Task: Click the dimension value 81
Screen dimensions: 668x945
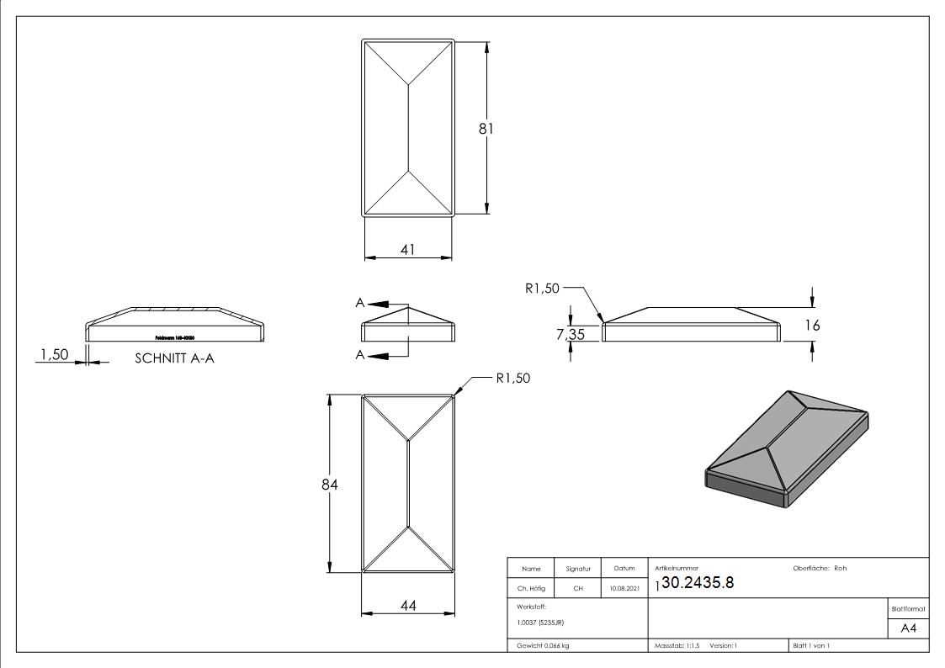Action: point(485,129)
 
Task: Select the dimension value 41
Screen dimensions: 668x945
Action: point(408,249)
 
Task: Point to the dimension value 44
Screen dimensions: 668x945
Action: point(408,605)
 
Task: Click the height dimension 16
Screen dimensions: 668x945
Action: point(812,326)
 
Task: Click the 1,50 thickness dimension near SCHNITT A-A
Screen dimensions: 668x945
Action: point(53,355)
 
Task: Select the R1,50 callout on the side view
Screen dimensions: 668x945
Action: point(542,289)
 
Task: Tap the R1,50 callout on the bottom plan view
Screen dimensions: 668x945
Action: point(512,379)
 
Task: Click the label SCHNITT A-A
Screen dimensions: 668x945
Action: point(175,358)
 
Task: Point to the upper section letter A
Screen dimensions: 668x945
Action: point(359,303)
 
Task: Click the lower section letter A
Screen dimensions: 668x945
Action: point(359,355)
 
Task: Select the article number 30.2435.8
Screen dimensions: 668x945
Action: point(698,584)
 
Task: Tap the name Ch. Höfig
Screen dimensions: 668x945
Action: point(531,589)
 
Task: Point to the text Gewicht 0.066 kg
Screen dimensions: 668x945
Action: point(543,645)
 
